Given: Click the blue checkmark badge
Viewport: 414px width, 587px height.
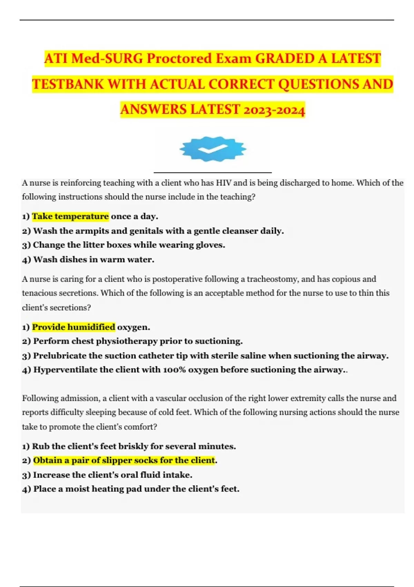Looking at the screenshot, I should pos(213,149).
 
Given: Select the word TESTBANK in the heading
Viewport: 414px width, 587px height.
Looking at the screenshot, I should pos(68,84).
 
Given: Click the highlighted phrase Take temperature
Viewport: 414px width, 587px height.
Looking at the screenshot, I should pos(70,216).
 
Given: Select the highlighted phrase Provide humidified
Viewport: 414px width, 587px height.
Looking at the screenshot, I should pos(73,327).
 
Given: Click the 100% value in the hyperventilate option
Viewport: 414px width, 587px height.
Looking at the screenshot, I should pos(174,370).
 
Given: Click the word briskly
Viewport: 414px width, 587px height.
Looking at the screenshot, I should pos(133,446).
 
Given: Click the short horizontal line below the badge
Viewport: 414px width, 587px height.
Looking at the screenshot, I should pos(213,172).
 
